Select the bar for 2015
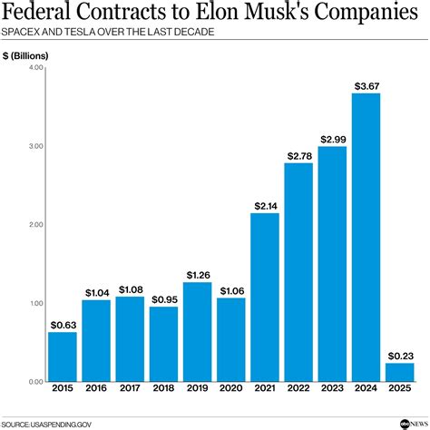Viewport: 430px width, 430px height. click(63, 357)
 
